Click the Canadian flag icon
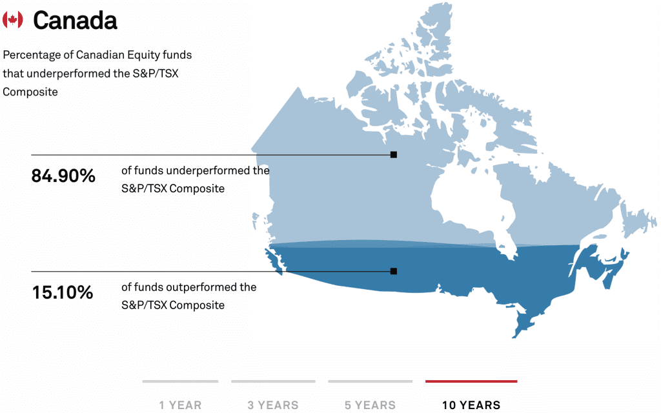pyautogui.click(x=13, y=19)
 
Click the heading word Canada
pyautogui.click(x=75, y=20)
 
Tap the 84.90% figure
pyautogui.click(x=63, y=176)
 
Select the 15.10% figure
pyautogui.click(x=63, y=292)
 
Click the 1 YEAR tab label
pyautogui.click(x=181, y=405)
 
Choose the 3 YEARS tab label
pyautogui.click(x=273, y=405)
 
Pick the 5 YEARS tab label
pyautogui.click(x=370, y=405)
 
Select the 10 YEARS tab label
pyautogui.click(x=471, y=405)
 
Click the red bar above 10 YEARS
pyautogui.click(x=471, y=381)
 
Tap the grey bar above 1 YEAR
pyautogui.click(x=181, y=381)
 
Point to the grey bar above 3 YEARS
pyautogui.click(x=273, y=381)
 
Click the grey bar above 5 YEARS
pyautogui.click(x=370, y=381)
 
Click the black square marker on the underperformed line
pyautogui.click(x=394, y=155)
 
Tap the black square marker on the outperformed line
pyautogui.click(x=394, y=271)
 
